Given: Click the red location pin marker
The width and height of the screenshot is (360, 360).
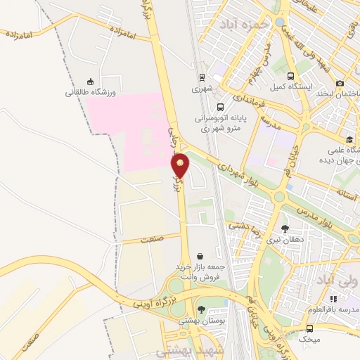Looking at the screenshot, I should [181, 165].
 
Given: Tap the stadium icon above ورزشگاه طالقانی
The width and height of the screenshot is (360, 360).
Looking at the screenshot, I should [89, 81].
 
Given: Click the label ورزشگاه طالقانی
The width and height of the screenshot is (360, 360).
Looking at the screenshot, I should [89, 92].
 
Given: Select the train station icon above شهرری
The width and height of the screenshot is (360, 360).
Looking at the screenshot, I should [202, 78].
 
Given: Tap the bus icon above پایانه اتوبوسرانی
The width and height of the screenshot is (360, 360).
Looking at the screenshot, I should [221, 108].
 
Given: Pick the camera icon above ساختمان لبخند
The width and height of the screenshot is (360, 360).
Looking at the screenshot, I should [340, 83].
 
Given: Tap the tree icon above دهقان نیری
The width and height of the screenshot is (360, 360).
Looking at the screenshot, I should [285, 229].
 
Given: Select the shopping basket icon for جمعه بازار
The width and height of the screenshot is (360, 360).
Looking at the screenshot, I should [202, 257].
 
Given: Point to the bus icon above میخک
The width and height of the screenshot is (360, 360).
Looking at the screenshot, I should [309, 328].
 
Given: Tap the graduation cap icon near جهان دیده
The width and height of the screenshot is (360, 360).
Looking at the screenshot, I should [350, 138].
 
